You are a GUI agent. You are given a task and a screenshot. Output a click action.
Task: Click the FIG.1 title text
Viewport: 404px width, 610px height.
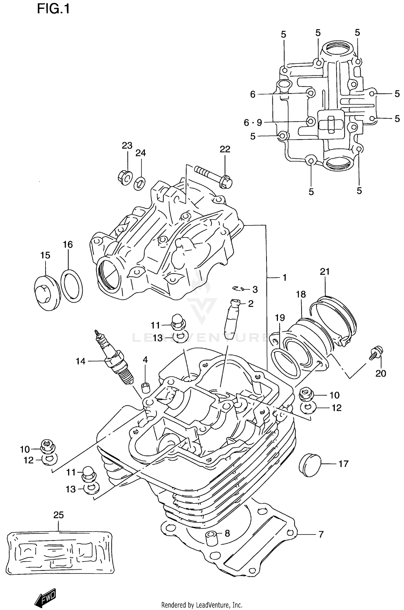(x=53, y=9)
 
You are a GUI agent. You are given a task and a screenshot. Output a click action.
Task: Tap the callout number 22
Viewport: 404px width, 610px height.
(x=225, y=149)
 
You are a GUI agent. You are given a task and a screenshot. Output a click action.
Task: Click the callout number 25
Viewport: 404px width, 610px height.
(x=58, y=515)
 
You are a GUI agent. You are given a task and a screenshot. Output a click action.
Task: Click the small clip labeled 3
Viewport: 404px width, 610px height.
(x=238, y=289)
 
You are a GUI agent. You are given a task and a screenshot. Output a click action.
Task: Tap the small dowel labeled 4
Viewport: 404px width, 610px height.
(x=145, y=388)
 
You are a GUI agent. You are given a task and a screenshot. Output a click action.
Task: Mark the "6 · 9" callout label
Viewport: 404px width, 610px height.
(x=253, y=123)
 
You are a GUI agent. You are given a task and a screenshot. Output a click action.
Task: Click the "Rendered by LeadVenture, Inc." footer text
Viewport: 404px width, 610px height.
(x=201, y=605)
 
